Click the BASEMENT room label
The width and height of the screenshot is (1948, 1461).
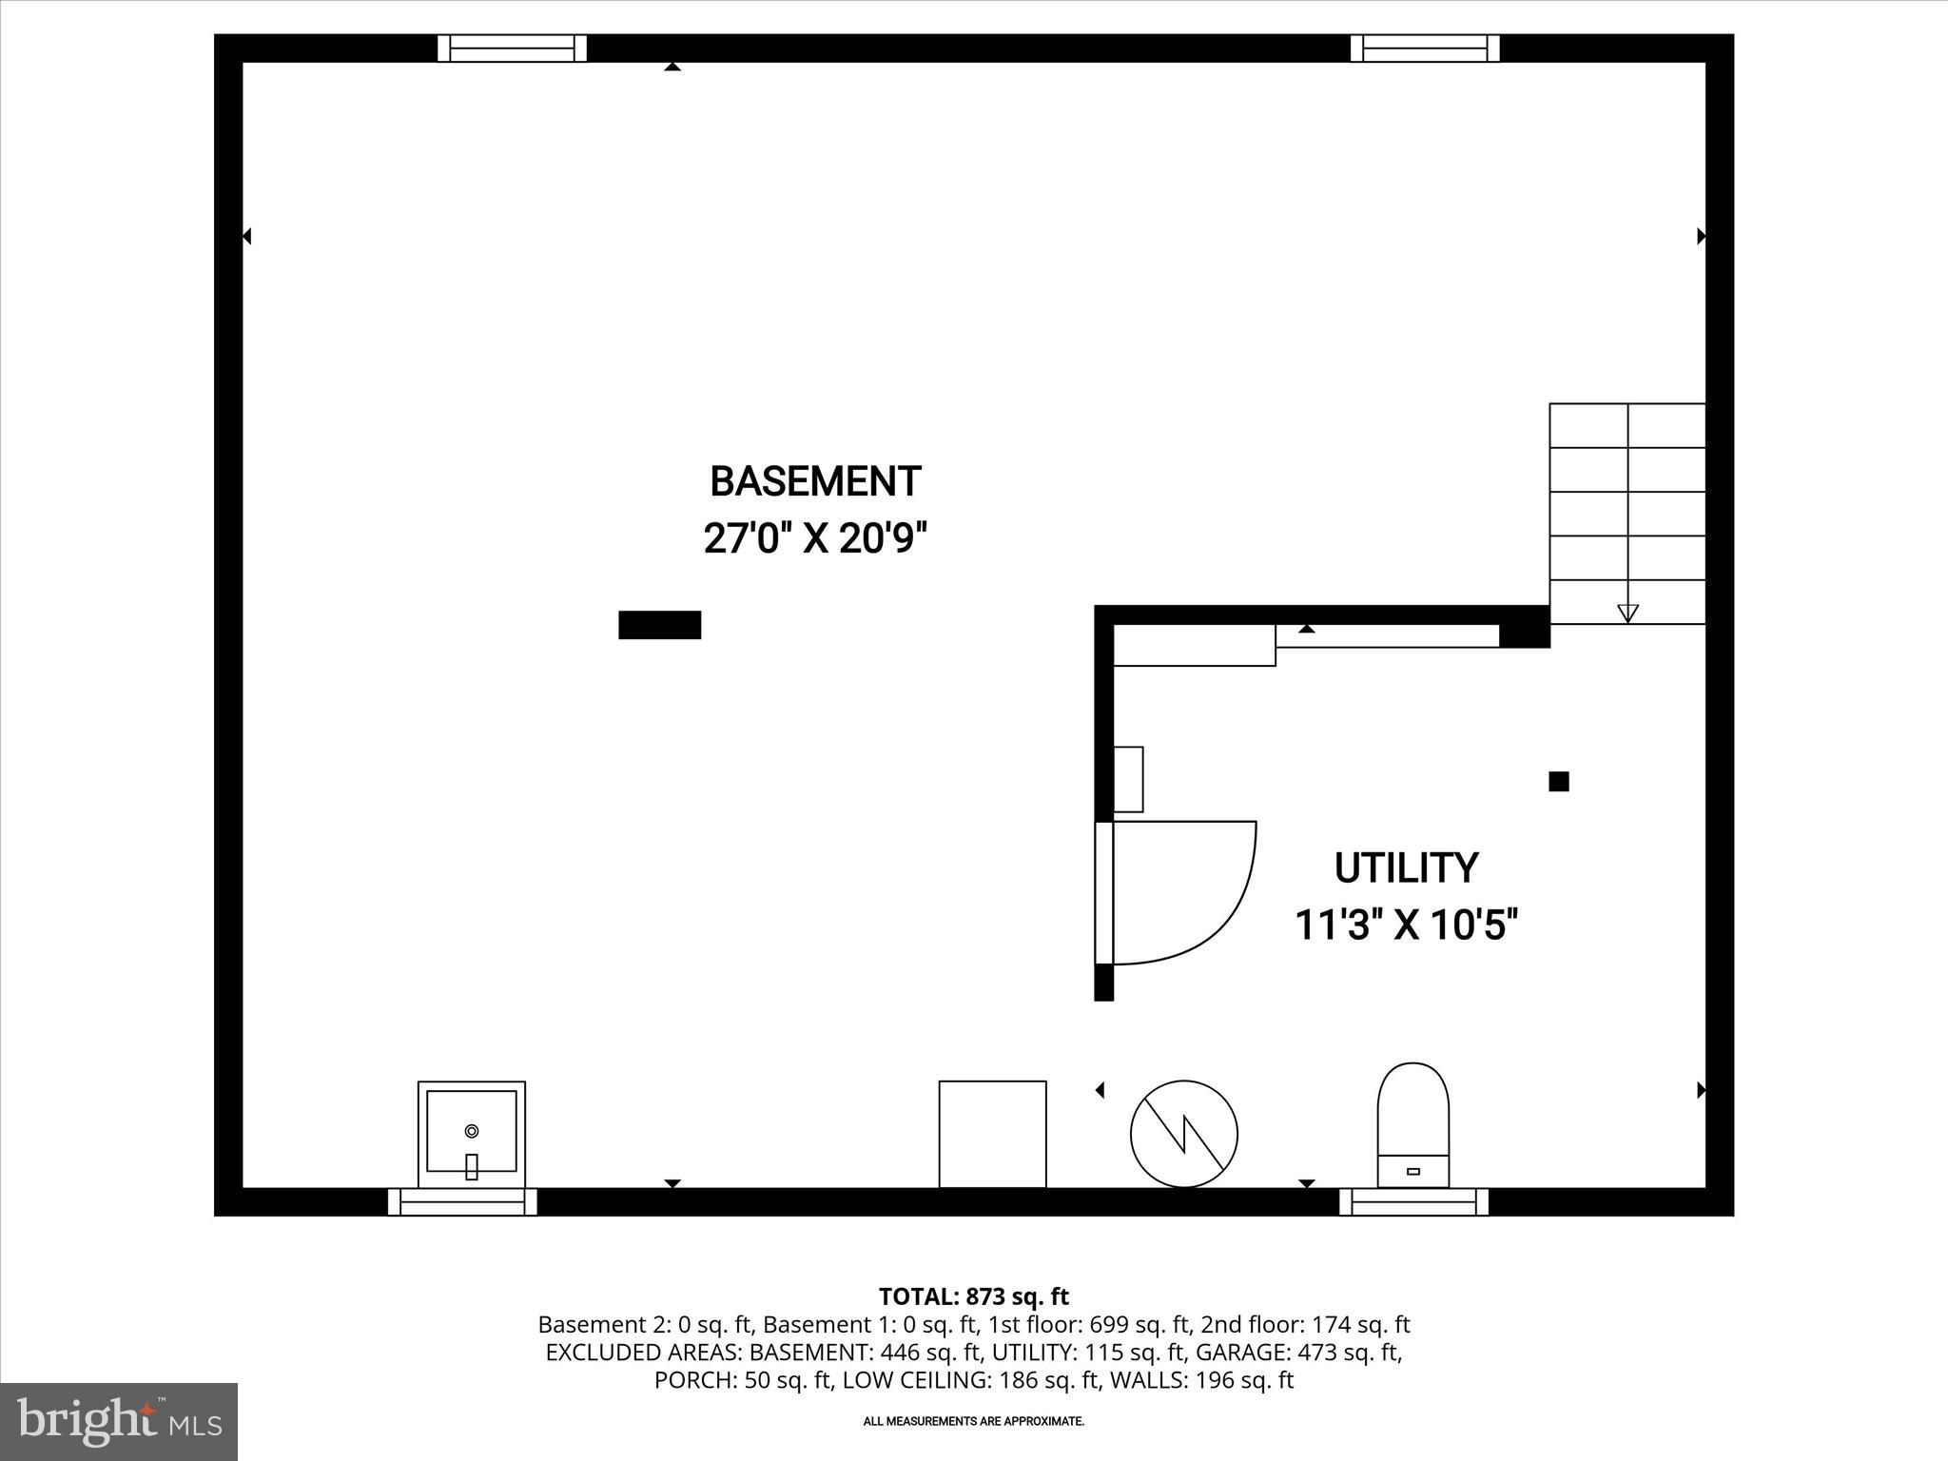click(x=815, y=482)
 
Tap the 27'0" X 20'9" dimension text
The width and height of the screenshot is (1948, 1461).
click(x=815, y=539)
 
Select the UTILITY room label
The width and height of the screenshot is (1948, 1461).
click(x=1406, y=868)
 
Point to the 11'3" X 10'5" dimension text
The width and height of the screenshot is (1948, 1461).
click(x=1406, y=925)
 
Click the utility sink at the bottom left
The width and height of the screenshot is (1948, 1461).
click(x=471, y=1133)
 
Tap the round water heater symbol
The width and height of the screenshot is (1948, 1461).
click(x=1183, y=1133)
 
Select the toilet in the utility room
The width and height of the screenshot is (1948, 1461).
click(x=1412, y=1124)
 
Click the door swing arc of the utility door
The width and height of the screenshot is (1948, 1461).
click(x=1227, y=913)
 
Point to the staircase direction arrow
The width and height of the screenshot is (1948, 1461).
click(x=1627, y=613)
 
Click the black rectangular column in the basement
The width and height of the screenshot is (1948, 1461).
click(x=659, y=625)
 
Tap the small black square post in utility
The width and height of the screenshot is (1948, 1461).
click(x=1558, y=781)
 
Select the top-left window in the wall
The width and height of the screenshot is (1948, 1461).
click(x=512, y=49)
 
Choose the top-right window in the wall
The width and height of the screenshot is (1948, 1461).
click(x=1424, y=49)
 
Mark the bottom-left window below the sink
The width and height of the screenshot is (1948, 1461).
click(x=462, y=1202)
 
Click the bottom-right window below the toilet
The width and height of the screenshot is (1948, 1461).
click(x=1413, y=1202)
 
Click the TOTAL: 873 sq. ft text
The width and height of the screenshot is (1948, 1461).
click(x=973, y=1296)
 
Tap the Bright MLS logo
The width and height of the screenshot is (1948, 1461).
click(x=119, y=1421)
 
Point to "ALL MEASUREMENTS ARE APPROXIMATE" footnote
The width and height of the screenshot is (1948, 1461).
click(x=973, y=1421)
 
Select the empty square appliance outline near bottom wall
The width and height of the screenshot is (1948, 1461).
click(x=992, y=1133)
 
